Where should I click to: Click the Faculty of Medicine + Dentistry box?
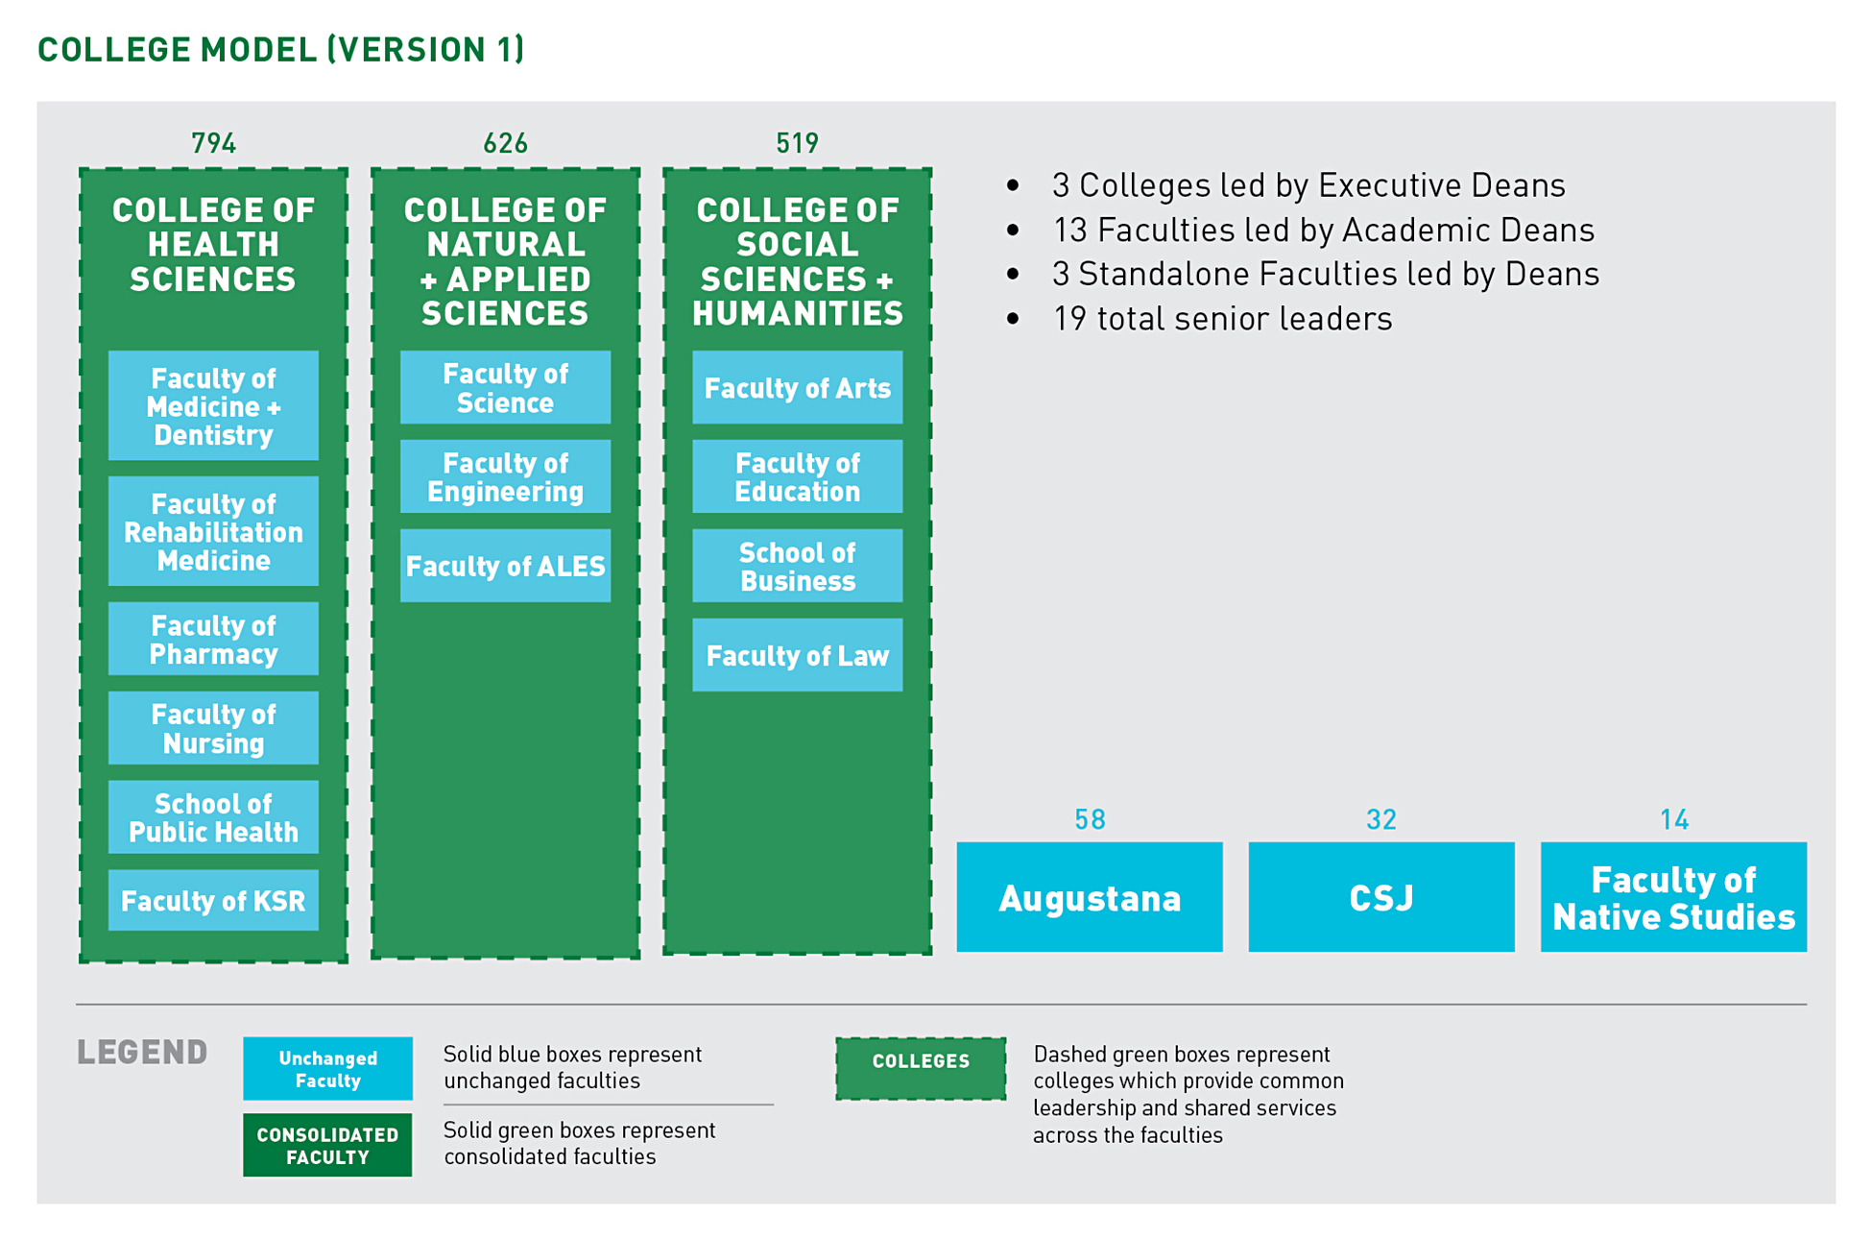tap(213, 406)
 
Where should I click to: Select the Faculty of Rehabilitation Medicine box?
tap(213, 531)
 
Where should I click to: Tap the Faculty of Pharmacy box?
tap(213, 640)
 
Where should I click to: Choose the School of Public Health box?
tap(213, 817)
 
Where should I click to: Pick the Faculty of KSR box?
tap(213, 900)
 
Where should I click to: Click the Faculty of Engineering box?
tap(505, 476)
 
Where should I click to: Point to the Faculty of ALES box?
tap(505, 566)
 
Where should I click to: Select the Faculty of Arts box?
tap(797, 388)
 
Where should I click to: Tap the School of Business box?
tap(797, 566)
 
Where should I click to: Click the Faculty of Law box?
tap(797, 655)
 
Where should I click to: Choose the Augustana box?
tap(1090, 897)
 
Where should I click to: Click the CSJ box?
tap(1381, 897)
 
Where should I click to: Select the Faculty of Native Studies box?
tap(1673, 897)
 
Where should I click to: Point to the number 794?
tap(213, 143)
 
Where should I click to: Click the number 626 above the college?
tap(505, 143)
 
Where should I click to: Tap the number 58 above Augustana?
tap(1090, 819)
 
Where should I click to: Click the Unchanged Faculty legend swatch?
tap(327, 1068)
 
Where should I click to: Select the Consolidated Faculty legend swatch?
tap(327, 1145)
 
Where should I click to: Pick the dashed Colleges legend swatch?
tap(921, 1068)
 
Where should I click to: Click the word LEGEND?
tap(142, 1053)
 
